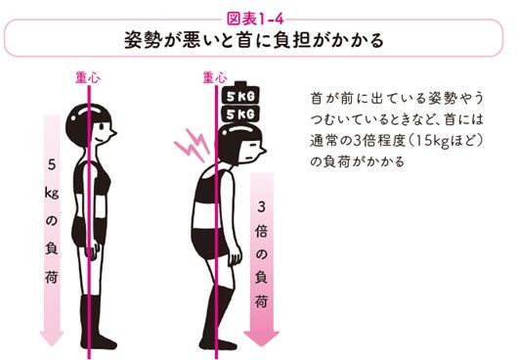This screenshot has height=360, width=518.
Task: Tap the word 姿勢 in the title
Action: [x=145, y=41]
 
